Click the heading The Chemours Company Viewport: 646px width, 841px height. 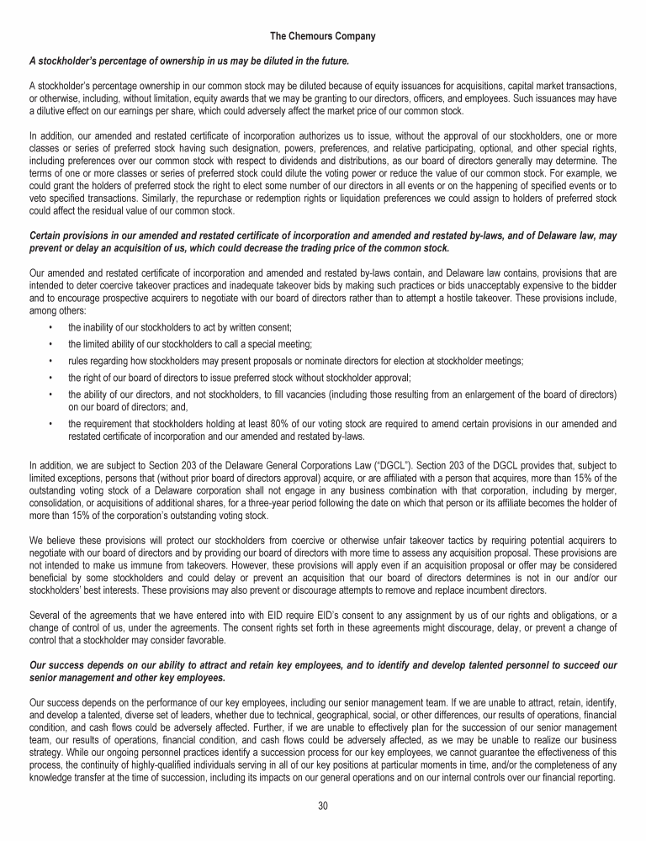[x=322, y=36]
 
